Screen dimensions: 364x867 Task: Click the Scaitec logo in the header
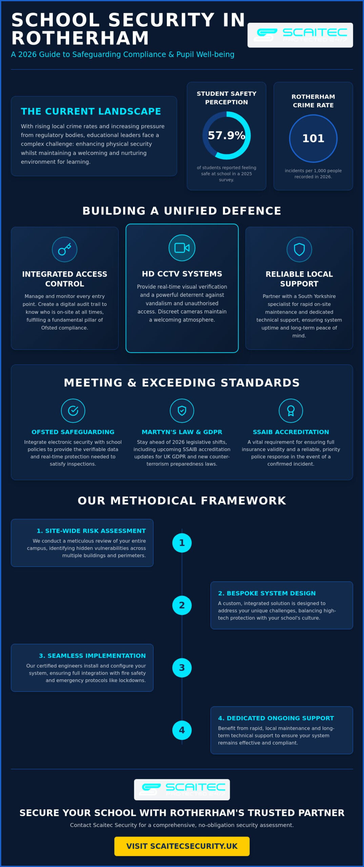[300, 35]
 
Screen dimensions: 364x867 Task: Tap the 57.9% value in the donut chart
[226, 135]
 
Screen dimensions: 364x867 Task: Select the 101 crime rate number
[313, 138]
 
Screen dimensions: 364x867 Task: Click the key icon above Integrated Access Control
[64, 249]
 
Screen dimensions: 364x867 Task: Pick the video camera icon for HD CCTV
[182, 248]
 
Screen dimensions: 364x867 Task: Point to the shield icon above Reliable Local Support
[299, 249]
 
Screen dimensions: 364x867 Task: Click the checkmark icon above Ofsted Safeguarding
[73, 410]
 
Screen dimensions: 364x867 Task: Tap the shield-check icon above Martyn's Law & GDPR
[182, 410]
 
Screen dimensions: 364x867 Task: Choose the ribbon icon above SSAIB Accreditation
[291, 410]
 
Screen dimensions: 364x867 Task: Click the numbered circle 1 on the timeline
[182, 543]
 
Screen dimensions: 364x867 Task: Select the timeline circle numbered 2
[182, 605]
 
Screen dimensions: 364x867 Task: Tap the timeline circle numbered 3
[182, 668]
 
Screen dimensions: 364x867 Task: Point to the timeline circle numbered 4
[182, 730]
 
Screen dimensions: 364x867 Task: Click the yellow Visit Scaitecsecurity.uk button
[182, 846]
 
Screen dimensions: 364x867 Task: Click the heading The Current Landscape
[91, 111]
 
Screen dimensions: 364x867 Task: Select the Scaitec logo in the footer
[182, 789]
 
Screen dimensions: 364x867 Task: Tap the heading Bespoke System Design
[267, 593]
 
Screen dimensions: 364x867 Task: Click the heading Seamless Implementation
[92, 656]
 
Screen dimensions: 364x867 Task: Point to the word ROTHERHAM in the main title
[80, 38]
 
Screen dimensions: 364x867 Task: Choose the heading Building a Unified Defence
[182, 211]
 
